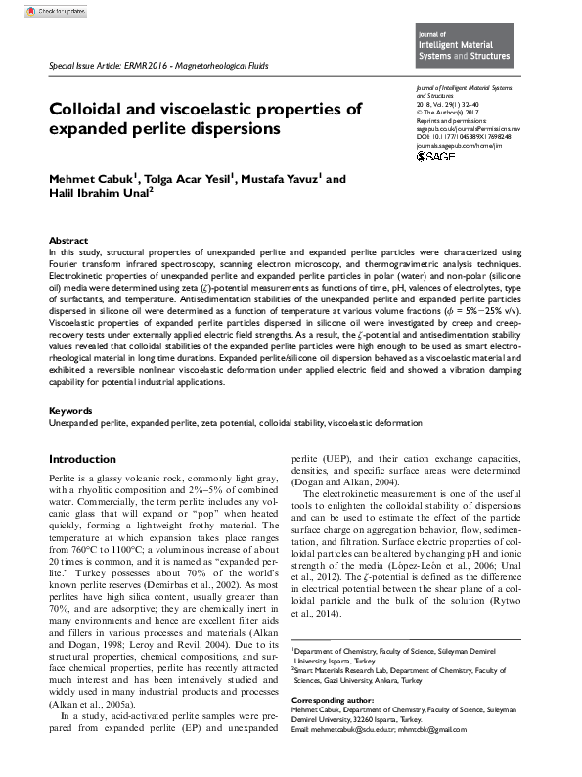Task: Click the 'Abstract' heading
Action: point(69,240)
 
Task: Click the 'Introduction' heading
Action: point(82,459)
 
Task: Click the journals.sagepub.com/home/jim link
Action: point(444,144)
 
